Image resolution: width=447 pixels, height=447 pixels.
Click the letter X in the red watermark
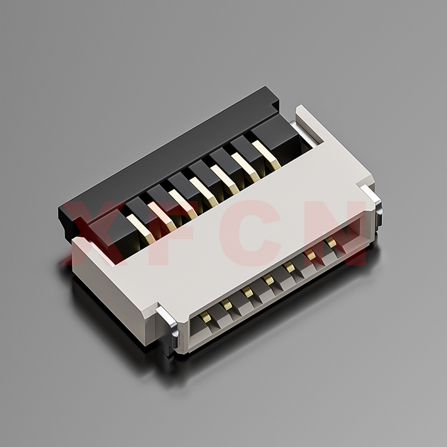pos(94,233)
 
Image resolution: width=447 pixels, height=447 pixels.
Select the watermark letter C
pos(251,233)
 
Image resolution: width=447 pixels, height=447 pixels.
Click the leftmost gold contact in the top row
pos(141,229)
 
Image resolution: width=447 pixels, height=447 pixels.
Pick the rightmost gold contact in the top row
pos(267,155)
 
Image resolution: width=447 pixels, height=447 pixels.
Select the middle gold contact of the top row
pos(203,192)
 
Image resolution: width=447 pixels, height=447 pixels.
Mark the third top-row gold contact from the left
pos(183,205)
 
